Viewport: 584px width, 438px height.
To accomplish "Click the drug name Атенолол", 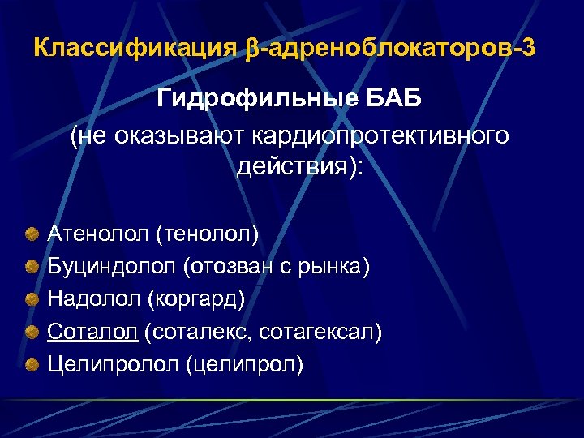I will (x=101, y=234).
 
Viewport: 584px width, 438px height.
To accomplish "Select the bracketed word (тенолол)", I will (x=211, y=234).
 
